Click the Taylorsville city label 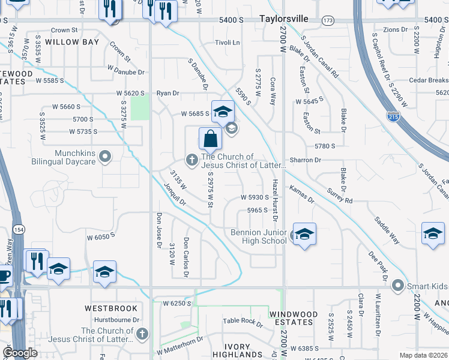click(x=284, y=19)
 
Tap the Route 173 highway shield click(x=328, y=20)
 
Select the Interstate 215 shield click(x=393, y=115)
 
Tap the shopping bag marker click(x=211, y=139)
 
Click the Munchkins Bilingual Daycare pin click(x=106, y=157)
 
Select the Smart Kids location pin click(x=397, y=286)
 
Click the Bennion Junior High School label click(x=259, y=236)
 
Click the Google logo click(x=20, y=353)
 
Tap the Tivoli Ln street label click(x=228, y=43)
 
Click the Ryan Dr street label click(x=168, y=93)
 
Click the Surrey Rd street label click(x=340, y=197)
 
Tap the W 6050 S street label click(x=100, y=237)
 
